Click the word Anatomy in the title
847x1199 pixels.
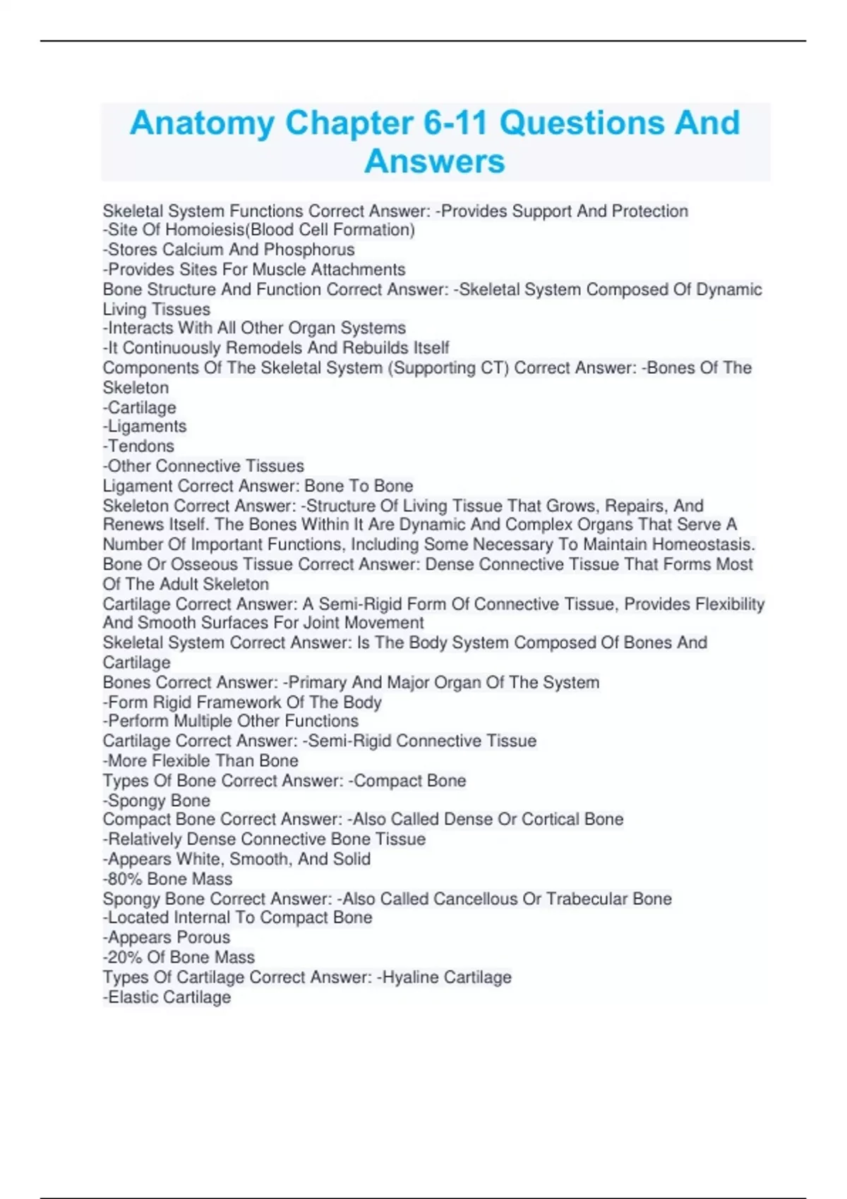(x=202, y=123)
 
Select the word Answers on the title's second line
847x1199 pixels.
(x=435, y=162)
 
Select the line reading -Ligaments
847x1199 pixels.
(x=145, y=426)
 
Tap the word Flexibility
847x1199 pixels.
(x=730, y=604)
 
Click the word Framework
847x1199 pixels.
(x=239, y=702)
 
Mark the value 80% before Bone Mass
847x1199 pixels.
(x=124, y=879)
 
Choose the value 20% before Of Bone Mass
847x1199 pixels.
(x=124, y=957)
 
